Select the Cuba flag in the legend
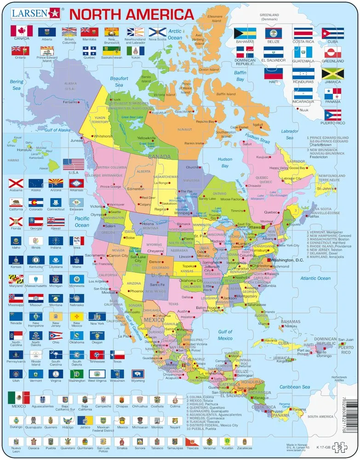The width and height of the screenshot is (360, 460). coord(332,33)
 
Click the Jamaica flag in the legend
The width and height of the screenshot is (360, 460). coord(332,74)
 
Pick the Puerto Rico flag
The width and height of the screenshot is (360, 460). coord(332,115)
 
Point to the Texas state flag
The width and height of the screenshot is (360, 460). coord(118,355)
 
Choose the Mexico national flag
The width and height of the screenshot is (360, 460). coord(18,397)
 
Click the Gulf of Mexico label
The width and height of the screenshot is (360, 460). coord(225,335)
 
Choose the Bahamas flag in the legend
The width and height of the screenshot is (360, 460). coord(245,33)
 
